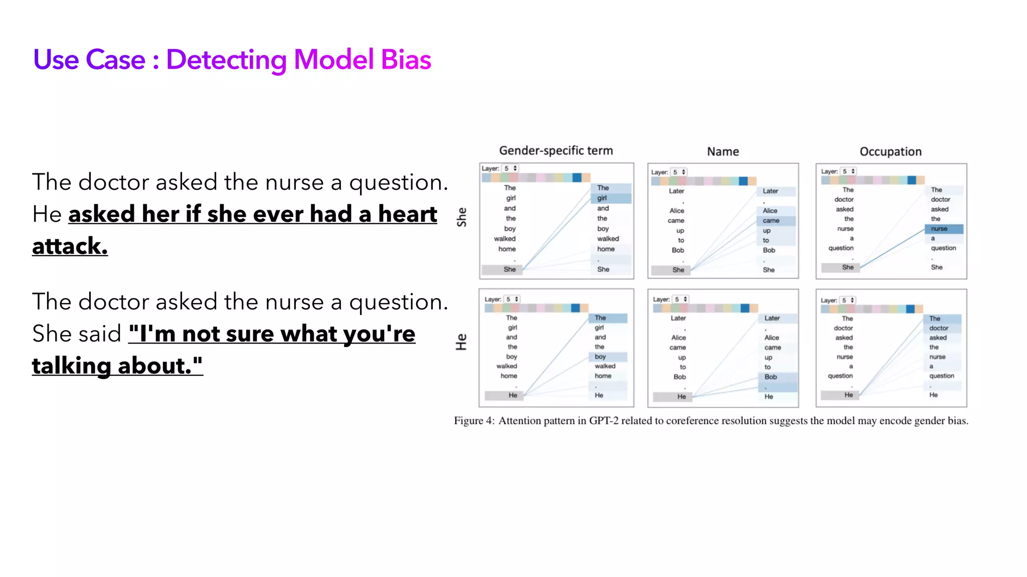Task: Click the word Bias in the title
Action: click(x=406, y=60)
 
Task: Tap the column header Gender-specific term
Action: click(x=556, y=151)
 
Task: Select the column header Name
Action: click(x=723, y=152)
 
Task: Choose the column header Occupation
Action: click(x=890, y=152)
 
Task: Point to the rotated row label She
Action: click(x=462, y=217)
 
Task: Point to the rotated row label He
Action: click(x=461, y=342)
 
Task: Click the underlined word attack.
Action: click(x=70, y=246)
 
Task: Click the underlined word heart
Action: click(x=407, y=214)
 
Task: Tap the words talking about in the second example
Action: click(x=117, y=366)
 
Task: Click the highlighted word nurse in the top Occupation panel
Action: click(x=939, y=229)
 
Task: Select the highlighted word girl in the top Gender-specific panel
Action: click(x=602, y=198)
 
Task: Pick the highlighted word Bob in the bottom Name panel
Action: click(x=771, y=377)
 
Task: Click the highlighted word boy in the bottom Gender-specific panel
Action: click(x=600, y=357)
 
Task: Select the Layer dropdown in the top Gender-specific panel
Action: click(x=510, y=168)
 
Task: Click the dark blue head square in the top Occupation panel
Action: click(x=912, y=180)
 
